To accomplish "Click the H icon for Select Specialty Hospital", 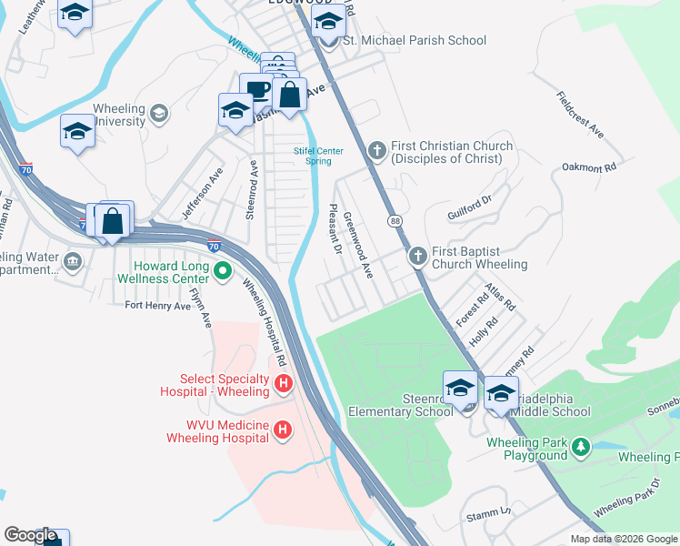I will (283, 385).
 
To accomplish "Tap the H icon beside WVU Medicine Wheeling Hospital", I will (283, 430).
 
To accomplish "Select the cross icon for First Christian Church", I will (378, 149).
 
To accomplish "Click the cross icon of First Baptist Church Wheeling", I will (417, 256).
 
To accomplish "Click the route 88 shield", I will (395, 221).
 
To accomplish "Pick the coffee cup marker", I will (258, 90).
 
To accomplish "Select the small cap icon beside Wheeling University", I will (159, 113).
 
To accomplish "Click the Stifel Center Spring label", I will (312, 156).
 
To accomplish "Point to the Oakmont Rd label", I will (589, 167).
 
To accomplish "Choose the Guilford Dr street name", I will (469, 207).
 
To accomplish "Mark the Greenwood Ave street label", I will (357, 245).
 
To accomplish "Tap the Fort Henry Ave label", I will (157, 306).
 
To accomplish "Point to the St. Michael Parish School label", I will (414, 41).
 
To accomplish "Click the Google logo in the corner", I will (31, 536).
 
